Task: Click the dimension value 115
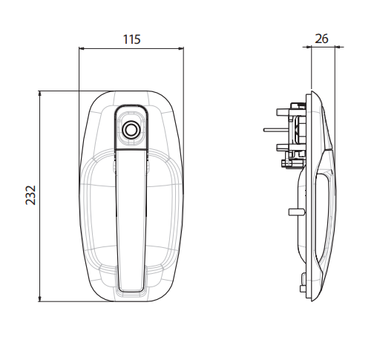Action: coord(132,39)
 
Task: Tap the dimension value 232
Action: coord(30,195)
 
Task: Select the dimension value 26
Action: coord(321,39)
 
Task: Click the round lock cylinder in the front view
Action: coord(131,129)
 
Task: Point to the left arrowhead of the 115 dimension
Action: coord(82,48)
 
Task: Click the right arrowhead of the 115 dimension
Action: coord(180,48)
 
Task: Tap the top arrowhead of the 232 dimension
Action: coord(40,94)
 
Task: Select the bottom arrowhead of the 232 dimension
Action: coord(40,298)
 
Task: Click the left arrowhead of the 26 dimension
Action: coord(308,47)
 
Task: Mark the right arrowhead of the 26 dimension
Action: coord(338,47)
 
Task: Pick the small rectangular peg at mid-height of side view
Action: coord(296,212)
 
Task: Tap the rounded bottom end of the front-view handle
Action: coord(131,288)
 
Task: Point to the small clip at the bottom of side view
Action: coord(304,283)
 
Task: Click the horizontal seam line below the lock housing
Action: coord(131,150)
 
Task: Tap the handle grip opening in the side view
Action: coord(322,217)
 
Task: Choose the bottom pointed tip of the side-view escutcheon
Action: coord(312,301)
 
